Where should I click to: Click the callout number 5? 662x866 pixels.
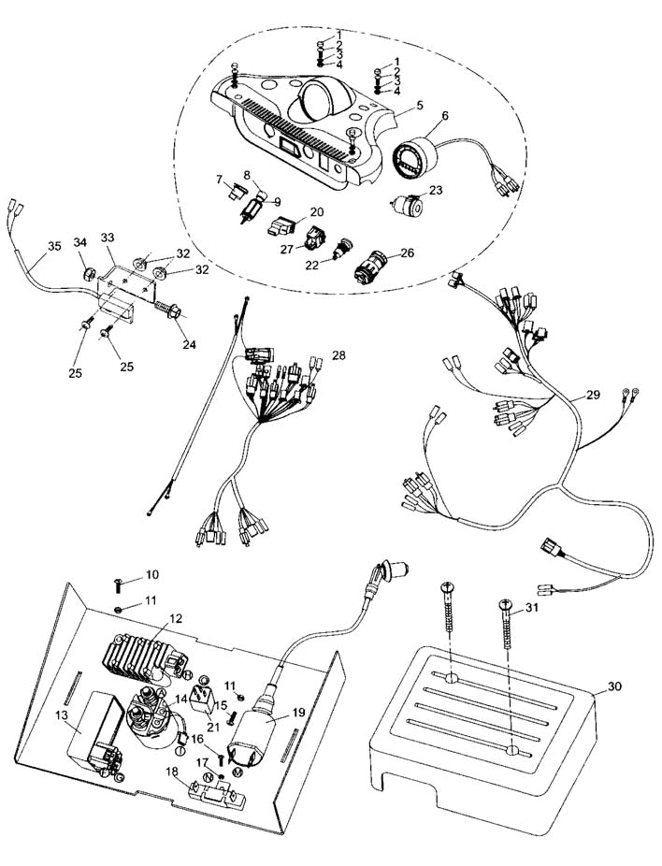pyautogui.click(x=421, y=105)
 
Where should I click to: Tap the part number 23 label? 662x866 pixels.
pyautogui.click(x=436, y=190)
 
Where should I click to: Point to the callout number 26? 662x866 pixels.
pyautogui.click(x=406, y=253)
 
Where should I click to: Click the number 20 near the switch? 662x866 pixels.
pyautogui.click(x=317, y=212)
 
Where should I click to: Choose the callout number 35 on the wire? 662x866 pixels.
pyautogui.click(x=53, y=247)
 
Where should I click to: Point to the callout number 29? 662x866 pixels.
pyautogui.click(x=593, y=396)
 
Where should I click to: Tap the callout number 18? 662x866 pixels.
pyautogui.click(x=172, y=772)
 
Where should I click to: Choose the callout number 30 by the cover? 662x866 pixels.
pyautogui.click(x=614, y=686)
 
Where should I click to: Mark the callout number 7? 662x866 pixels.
pyautogui.click(x=219, y=179)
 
